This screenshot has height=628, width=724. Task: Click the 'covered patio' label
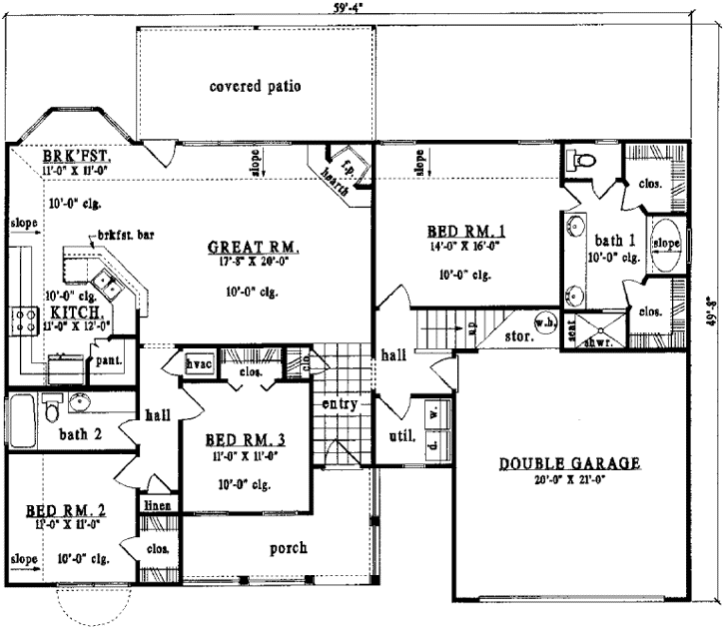(255, 86)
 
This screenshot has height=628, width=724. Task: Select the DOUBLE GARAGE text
(570, 464)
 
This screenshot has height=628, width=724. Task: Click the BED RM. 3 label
(244, 439)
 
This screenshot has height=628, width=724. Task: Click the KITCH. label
(46, 312)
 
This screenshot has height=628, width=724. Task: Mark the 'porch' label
(288, 548)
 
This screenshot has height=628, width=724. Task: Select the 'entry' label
(340, 404)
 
